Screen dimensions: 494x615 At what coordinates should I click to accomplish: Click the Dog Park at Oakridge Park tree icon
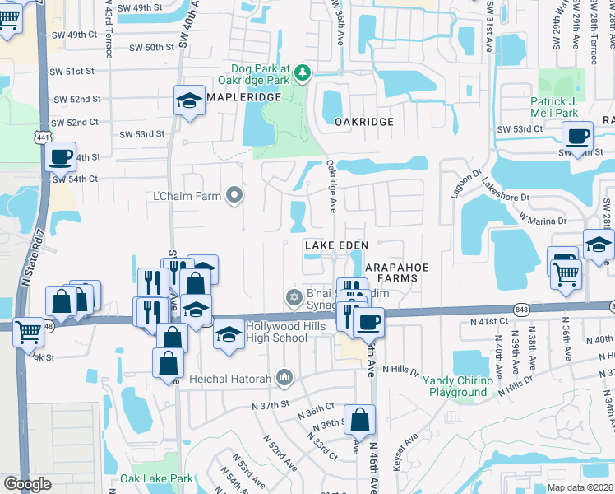pos(303,74)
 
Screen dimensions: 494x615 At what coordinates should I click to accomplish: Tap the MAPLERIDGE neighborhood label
pos(243,97)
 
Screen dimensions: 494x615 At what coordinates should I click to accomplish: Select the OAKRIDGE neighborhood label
pos(363,121)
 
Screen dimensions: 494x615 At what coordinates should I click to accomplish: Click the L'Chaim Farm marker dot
pos(234,195)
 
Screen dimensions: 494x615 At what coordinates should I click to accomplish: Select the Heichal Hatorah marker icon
pos(284,376)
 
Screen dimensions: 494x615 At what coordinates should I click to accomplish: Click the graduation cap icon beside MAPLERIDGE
pos(189,101)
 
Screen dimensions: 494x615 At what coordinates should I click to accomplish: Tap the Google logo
pos(27,484)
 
